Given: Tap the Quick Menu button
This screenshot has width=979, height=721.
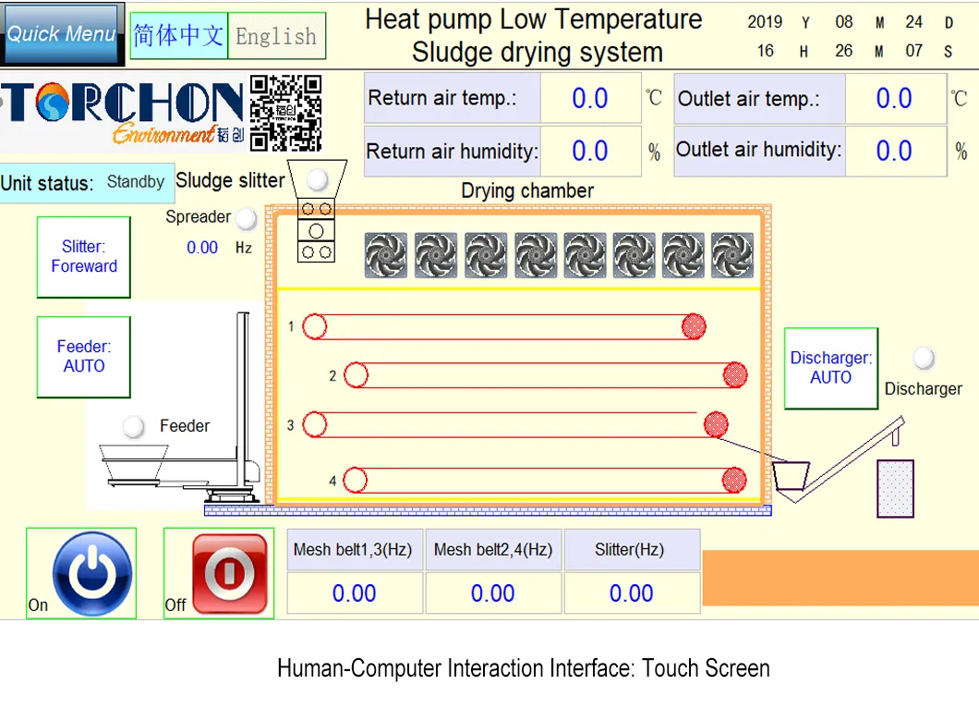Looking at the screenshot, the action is click(61, 33).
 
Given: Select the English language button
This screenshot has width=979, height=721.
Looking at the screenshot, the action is click(276, 36).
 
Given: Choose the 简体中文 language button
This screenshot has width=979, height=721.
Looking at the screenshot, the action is click(178, 36).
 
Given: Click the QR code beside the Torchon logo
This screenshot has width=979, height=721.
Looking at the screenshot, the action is click(286, 113).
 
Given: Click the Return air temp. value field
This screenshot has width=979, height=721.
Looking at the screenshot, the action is click(590, 98).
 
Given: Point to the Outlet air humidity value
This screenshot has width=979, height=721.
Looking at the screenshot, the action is click(895, 151).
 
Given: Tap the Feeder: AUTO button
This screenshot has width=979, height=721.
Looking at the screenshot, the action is click(84, 357).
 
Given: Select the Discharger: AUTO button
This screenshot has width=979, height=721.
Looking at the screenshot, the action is click(831, 368).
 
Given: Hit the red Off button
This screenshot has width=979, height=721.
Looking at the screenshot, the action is click(230, 573).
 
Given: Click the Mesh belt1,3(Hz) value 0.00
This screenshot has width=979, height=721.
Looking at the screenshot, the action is click(354, 593).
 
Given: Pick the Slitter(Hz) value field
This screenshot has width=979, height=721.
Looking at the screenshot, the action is click(631, 593).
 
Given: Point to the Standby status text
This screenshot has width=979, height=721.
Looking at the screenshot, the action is click(136, 182).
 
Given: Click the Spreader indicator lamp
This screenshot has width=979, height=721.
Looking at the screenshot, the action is click(246, 218).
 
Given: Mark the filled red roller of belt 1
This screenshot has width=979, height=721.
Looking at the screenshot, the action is click(694, 326).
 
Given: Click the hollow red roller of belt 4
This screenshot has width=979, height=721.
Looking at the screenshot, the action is click(356, 481).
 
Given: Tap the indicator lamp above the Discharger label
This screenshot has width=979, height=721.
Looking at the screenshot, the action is click(924, 358).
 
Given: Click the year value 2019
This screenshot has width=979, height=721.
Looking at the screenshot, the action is click(765, 22).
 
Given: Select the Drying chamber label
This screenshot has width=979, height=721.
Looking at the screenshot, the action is click(527, 190).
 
